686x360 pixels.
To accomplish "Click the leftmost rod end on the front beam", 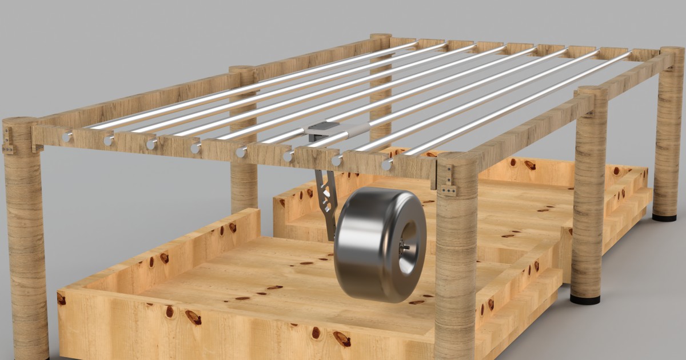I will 67,137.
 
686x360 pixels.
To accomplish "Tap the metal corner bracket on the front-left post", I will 8,141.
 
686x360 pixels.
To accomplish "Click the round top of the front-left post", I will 20,122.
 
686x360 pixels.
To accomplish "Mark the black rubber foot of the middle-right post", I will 585,299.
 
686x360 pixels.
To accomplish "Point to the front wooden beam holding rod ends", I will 229,150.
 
